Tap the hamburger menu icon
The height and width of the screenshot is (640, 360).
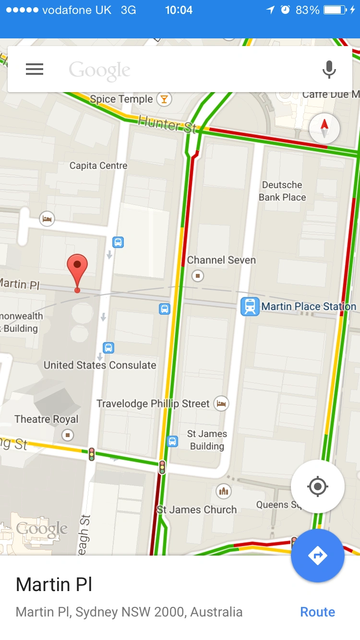point(35,70)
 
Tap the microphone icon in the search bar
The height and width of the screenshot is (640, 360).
point(329,70)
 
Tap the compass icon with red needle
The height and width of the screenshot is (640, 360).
point(324,128)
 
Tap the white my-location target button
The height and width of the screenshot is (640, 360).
point(317,486)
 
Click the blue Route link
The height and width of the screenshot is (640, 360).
point(317,612)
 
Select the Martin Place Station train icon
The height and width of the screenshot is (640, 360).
point(250,307)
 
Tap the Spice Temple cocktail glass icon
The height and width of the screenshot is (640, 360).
point(165,99)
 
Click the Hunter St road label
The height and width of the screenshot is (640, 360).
point(167,124)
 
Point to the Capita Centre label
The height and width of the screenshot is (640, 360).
point(98,166)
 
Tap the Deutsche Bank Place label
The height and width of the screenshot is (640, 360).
point(282,191)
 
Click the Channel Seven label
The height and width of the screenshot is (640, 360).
point(221,260)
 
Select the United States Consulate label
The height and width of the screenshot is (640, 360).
point(100,365)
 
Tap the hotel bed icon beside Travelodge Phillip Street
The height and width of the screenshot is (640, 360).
point(221,403)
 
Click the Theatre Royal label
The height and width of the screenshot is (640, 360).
point(46,419)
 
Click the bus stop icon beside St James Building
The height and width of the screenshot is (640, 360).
point(172,441)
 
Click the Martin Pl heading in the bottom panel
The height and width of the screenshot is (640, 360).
point(54,584)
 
